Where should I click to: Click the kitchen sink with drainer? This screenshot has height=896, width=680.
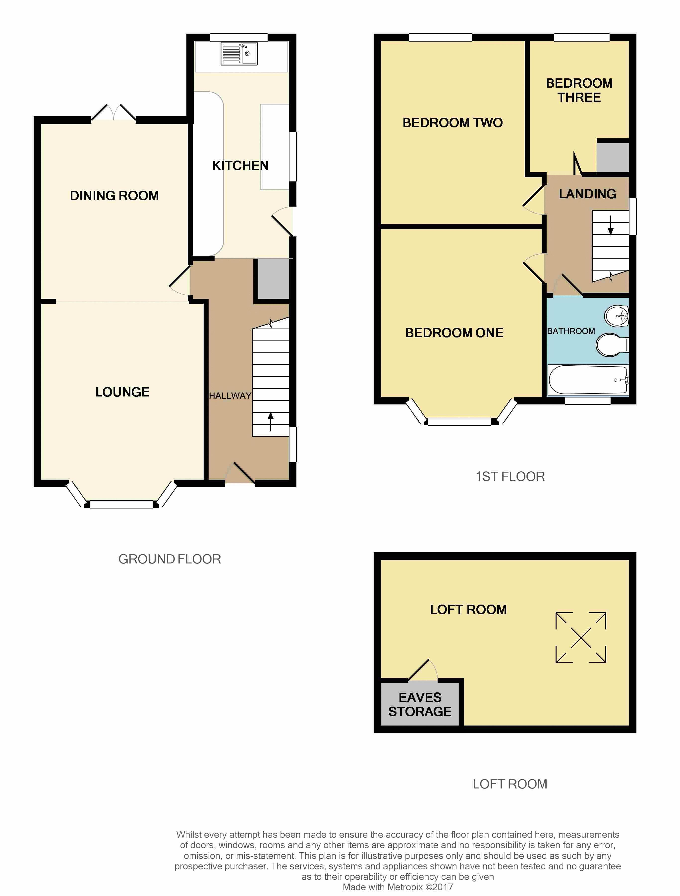click(x=239, y=54)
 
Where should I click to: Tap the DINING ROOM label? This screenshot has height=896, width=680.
click(x=114, y=196)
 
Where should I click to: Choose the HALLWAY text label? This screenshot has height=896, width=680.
click(x=230, y=396)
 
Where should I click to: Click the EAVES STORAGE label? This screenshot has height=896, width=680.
click(x=420, y=704)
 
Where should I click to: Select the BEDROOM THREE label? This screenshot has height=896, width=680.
click(x=579, y=90)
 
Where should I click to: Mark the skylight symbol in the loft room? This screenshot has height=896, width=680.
click(x=581, y=638)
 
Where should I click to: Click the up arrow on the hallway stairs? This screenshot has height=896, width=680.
click(x=271, y=422)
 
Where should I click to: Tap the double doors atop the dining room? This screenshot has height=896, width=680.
click(x=113, y=112)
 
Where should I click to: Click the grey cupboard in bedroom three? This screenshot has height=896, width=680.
click(x=613, y=157)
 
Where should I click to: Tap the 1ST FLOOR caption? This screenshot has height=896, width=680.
click(x=510, y=476)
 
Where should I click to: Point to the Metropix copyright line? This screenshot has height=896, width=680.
click(x=398, y=887)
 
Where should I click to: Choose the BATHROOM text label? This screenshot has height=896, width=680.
click(x=571, y=331)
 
